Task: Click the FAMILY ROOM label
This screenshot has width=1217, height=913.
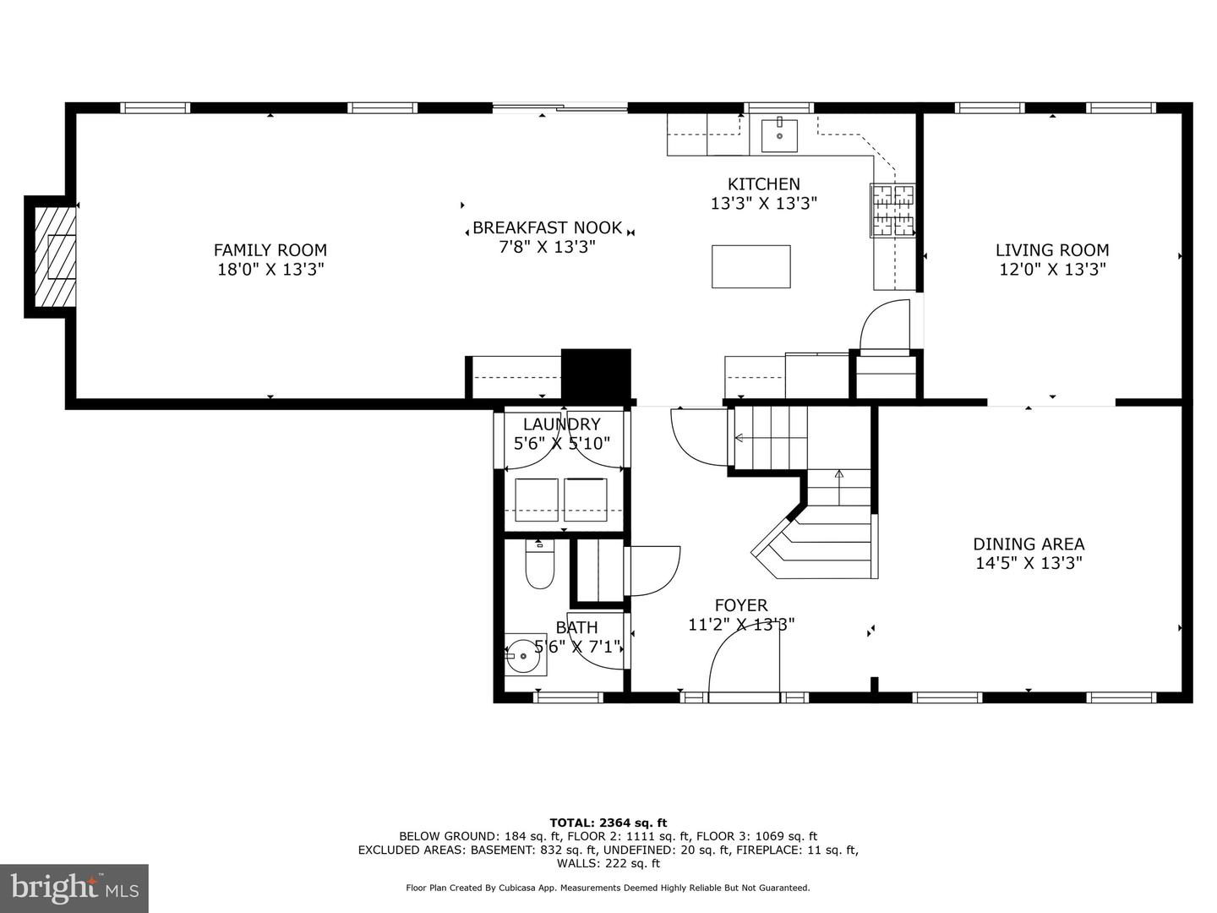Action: [x=270, y=250]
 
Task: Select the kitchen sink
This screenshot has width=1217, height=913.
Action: [x=779, y=134]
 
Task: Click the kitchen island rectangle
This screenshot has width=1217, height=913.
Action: [x=750, y=266]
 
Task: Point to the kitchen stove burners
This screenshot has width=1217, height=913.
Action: [x=892, y=210]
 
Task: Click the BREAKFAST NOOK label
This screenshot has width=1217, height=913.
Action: [x=547, y=228]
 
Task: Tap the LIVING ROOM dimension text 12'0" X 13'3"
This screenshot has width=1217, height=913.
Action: [x=1051, y=270]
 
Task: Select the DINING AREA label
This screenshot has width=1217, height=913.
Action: [x=1029, y=544]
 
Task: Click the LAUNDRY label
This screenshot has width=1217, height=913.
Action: [x=561, y=424]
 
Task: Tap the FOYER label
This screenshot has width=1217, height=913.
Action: [x=741, y=605]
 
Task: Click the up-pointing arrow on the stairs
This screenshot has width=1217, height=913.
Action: [x=838, y=476]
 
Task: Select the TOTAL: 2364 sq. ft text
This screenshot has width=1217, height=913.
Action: [x=608, y=822]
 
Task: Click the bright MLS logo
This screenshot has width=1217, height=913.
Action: [x=74, y=888]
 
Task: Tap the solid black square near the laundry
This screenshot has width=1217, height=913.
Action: [x=596, y=374]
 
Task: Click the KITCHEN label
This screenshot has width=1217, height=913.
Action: [x=764, y=184]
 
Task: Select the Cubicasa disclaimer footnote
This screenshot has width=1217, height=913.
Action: [x=608, y=888]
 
